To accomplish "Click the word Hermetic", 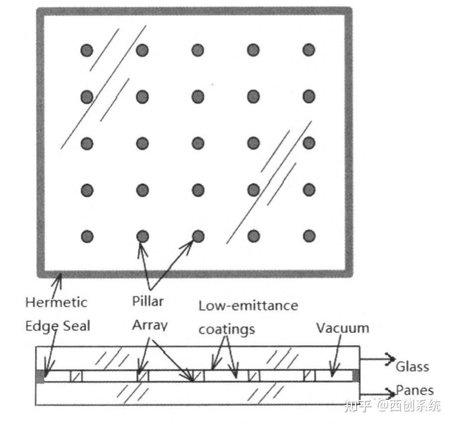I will click(x=56, y=302).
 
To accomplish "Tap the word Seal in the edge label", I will click(x=76, y=326).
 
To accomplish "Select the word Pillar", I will click(x=148, y=301).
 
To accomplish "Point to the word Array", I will click(x=149, y=326).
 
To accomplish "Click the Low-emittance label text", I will click(x=248, y=305).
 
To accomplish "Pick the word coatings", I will click(x=226, y=329).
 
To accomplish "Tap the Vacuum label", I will click(x=343, y=328).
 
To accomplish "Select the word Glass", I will click(x=412, y=367).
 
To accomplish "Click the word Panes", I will click(x=415, y=390).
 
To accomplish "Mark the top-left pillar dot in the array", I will click(x=87, y=50).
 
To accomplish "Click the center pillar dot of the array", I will click(x=198, y=143).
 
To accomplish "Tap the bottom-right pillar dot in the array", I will click(x=309, y=235).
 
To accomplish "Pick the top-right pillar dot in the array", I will click(x=309, y=50).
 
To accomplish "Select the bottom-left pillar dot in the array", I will click(x=87, y=235).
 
